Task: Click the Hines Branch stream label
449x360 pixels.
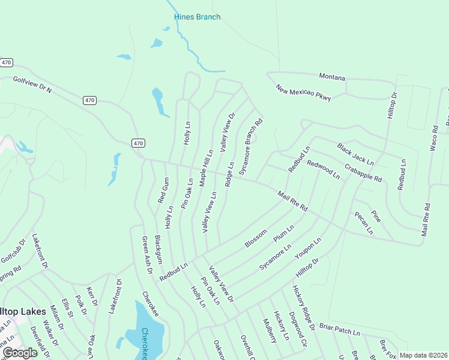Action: pos(197,17)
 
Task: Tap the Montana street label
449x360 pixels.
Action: pos(332,78)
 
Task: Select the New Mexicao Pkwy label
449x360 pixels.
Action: pos(303,93)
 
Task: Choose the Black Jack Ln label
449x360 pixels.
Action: pos(355,154)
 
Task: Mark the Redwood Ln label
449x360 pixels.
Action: pos(323,170)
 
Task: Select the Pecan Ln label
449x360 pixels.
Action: pos(363,223)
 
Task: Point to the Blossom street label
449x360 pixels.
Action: pos(256,238)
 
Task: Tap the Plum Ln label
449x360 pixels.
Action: pos(284,233)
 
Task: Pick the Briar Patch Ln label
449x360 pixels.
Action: pos(339,331)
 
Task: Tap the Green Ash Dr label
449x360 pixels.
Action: pos(147,255)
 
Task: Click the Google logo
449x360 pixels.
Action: pos(19,353)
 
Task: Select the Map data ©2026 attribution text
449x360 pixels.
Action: pos(423,355)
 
